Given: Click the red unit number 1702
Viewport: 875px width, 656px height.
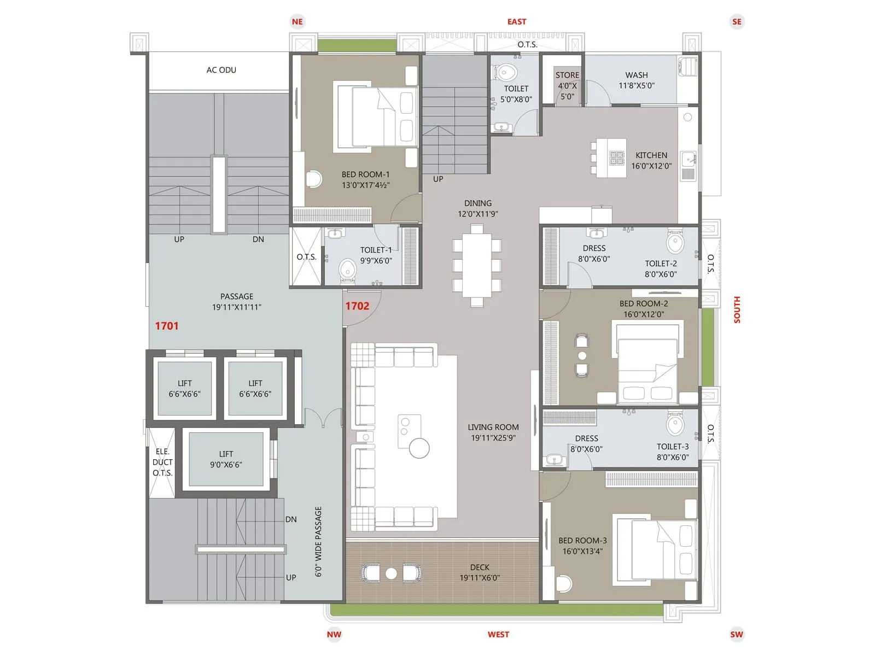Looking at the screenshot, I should [x=357, y=306].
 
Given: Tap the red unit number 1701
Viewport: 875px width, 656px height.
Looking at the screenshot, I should [x=167, y=326].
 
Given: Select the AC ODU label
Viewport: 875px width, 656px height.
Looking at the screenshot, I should [x=221, y=70].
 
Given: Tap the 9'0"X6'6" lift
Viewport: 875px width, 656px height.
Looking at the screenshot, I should [x=226, y=459].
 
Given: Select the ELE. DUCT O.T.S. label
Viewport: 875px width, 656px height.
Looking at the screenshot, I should [x=162, y=462].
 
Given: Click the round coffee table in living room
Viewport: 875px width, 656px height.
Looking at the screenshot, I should [x=419, y=448].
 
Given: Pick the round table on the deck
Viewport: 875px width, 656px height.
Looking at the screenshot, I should [x=391, y=573].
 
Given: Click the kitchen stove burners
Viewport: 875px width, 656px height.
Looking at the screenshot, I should [x=617, y=158].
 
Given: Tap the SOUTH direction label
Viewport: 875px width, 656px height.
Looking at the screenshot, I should [x=737, y=310].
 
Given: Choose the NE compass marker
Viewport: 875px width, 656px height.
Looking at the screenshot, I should [x=297, y=22].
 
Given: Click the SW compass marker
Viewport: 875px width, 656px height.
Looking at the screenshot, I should [x=737, y=634].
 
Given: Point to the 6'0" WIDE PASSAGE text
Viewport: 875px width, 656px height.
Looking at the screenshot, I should [x=318, y=541].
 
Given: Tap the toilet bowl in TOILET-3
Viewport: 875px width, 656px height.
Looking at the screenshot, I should [x=675, y=424].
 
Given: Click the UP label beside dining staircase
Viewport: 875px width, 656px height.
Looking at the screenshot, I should [x=438, y=179].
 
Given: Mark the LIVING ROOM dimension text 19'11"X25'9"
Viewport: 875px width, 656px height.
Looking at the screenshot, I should [x=493, y=438].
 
